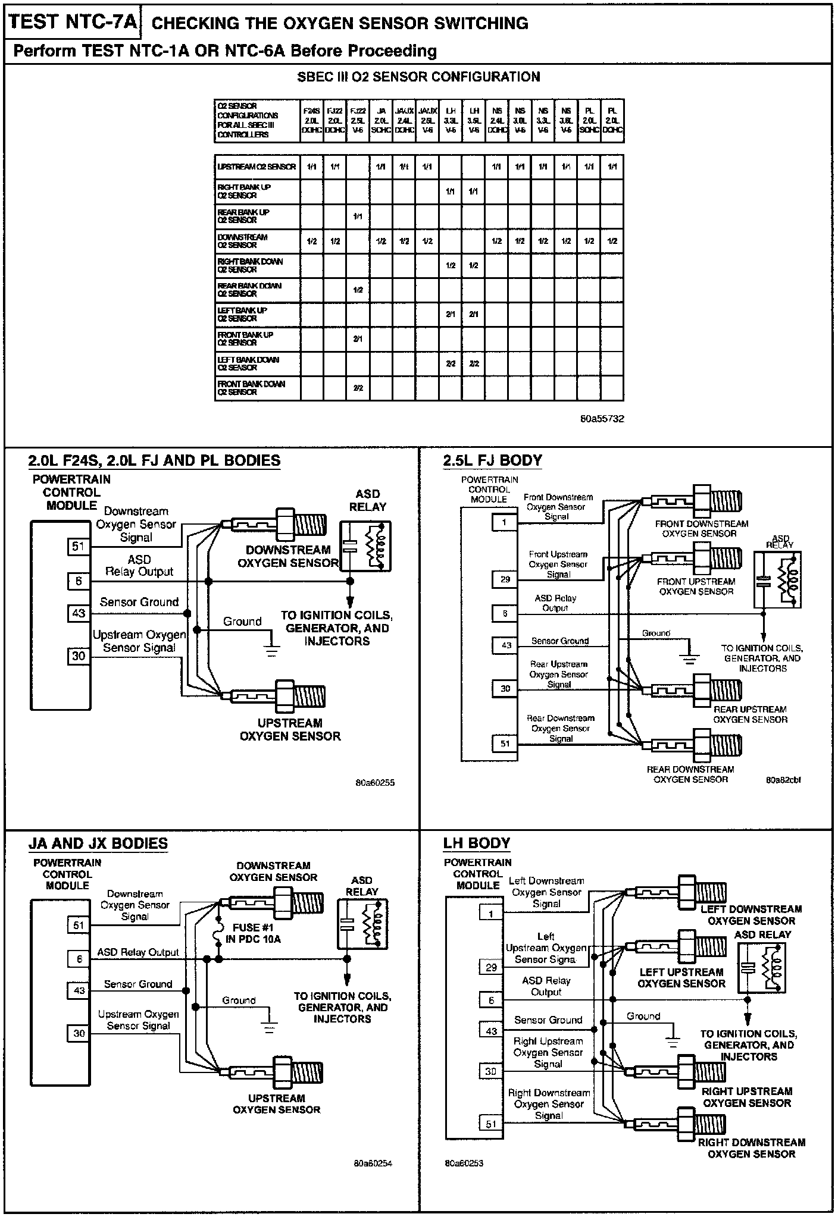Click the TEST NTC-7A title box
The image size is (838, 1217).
click(73, 23)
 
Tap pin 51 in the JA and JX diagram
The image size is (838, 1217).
click(79, 925)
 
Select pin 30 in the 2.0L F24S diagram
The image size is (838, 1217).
click(79, 656)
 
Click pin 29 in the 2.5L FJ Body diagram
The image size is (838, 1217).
click(505, 579)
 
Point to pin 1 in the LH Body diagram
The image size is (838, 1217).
click(491, 914)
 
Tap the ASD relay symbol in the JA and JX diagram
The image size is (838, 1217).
click(362, 924)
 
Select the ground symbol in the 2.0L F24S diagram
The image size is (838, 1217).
click(272, 650)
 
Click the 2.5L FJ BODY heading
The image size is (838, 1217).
click(492, 460)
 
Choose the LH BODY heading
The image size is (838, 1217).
click(477, 843)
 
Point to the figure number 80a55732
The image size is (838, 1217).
click(602, 419)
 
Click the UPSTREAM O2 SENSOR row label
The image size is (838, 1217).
click(257, 167)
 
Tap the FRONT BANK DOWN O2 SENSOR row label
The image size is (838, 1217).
click(251, 388)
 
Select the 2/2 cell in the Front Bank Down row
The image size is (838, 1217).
click(358, 388)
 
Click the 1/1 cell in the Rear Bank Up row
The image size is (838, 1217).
click(358, 217)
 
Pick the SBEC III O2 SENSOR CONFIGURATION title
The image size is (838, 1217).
click(418, 77)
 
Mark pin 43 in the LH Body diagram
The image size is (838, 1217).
click(491, 1031)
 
